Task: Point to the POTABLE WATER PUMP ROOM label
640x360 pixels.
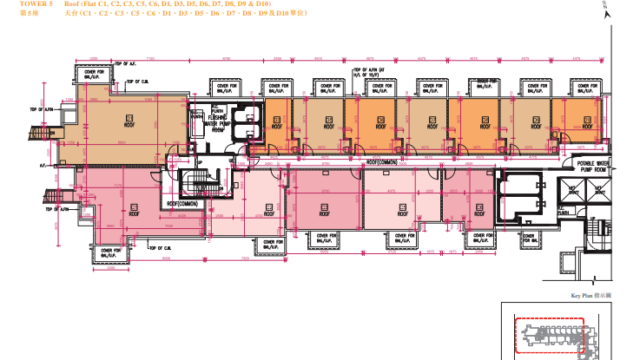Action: point(564,165)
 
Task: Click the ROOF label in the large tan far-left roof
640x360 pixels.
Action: point(129,127)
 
